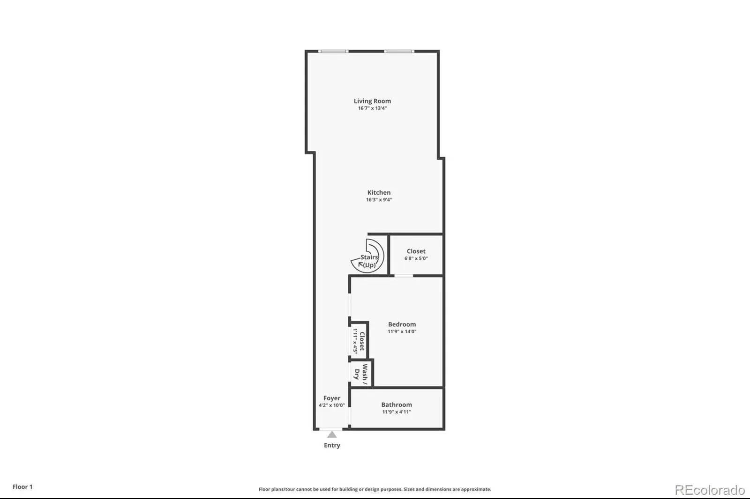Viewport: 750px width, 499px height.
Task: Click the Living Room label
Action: click(372, 101)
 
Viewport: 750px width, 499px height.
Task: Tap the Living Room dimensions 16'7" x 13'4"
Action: click(372, 108)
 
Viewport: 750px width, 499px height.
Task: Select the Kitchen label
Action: click(379, 192)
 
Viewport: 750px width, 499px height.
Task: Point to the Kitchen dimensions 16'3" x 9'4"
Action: click(379, 200)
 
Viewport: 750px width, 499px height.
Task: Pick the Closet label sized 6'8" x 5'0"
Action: click(416, 251)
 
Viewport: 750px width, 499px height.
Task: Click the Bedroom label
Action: click(402, 324)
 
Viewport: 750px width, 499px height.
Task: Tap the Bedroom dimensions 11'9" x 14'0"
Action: click(402, 331)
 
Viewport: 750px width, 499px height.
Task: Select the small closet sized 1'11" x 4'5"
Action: click(359, 340)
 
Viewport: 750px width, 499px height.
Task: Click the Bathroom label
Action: click(397, 404)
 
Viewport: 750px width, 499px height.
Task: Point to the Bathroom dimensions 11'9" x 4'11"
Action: click(397, 412)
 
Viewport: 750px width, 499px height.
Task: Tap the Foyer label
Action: click(332, 398)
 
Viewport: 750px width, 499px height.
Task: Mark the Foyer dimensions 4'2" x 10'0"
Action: click(332, 405)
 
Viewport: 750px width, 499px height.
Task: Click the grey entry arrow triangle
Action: click(332, 434)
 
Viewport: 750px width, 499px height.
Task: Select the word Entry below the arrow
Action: click(332, 445)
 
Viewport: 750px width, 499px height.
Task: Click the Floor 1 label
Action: click(22, 487)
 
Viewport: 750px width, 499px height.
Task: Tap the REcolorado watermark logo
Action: click(710, 490)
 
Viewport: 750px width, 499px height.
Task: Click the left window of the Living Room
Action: click(333, 51)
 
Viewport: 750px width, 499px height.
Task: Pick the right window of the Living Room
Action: click(399, 51)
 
